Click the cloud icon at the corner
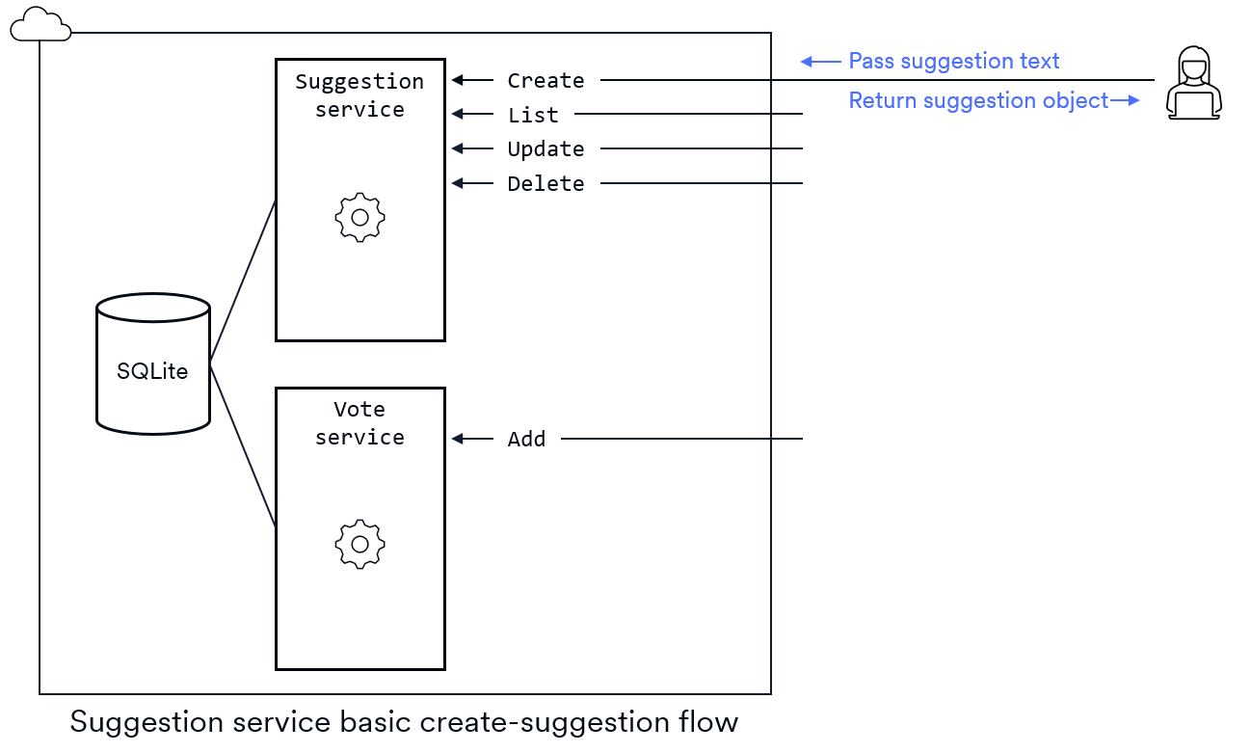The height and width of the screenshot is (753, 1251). click(40, 24)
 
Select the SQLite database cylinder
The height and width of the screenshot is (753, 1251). click(153, 363)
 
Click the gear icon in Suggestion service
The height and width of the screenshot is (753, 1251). click(359, 217)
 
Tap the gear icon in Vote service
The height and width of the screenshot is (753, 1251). click(359, 545)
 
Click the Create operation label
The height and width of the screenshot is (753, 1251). click(546, 81)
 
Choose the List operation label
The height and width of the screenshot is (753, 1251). click(533, 116)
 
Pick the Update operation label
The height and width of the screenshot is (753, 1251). click(546, 149)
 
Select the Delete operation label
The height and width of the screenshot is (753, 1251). click(546, 184)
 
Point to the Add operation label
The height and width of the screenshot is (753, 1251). click(526, 440)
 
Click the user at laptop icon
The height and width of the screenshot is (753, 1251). click(1193, 83)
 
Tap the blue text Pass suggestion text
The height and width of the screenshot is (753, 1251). click(953, 62)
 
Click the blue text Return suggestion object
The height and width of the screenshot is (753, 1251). click(977, 100)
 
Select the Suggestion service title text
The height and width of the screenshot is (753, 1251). click(359, 95)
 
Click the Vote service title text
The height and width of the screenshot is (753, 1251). click(359, 423)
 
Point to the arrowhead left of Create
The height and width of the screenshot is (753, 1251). click(458, 80)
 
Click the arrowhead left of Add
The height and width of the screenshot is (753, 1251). click(458, 439)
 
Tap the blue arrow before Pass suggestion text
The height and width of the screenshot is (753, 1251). click(819, 62)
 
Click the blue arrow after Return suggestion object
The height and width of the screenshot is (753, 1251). click(1125, 100)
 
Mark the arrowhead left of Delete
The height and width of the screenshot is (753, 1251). click(458, 183)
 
